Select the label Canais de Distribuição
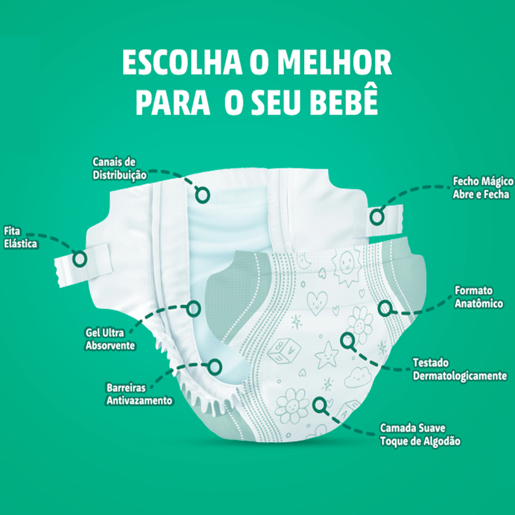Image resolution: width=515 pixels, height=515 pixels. click(119, 168)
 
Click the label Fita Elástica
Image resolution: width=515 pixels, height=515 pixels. click(20, 237)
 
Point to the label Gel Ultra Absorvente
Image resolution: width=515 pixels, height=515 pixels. click(110, 339)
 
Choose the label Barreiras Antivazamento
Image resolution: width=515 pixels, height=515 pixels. click(139, 394)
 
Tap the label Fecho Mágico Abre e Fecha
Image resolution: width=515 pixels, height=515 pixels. click(483, 188)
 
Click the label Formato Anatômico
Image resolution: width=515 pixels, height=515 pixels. click(478, 297)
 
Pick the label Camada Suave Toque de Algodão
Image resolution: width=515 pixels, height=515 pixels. click(420, 435)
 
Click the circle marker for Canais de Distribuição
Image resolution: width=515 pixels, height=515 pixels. click(202, 194)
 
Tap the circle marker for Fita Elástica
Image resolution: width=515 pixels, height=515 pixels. click(79, 259)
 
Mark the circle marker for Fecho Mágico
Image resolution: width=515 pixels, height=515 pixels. click(376, 217)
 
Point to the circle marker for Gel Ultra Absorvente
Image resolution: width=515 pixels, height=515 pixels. click(193, 308)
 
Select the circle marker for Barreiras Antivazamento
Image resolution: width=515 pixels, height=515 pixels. click(215, 367)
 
